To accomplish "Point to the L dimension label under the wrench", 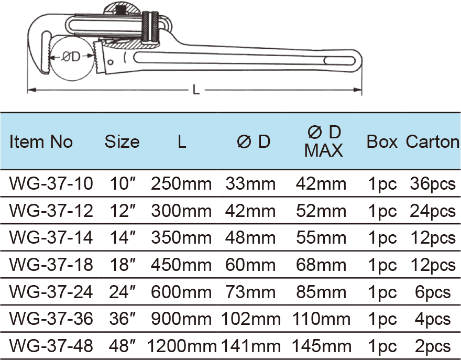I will point(196,90).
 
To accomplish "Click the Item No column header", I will point(41,141).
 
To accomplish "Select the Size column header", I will point(122,141).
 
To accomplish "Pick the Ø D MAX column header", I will point(323,141).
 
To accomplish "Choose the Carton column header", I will point(433,141).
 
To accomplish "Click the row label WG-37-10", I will point(51,183).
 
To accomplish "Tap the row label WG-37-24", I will point(51,291).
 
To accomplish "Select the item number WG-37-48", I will point(51,345).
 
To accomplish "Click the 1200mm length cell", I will point(182,345).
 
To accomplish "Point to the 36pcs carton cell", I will point(433,183).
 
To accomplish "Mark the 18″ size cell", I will point(122,265).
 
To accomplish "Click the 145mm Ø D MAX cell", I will point(323,345).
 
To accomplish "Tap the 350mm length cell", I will point(182,237).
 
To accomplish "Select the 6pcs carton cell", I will point(433,291).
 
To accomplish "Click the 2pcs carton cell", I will point(433,345).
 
